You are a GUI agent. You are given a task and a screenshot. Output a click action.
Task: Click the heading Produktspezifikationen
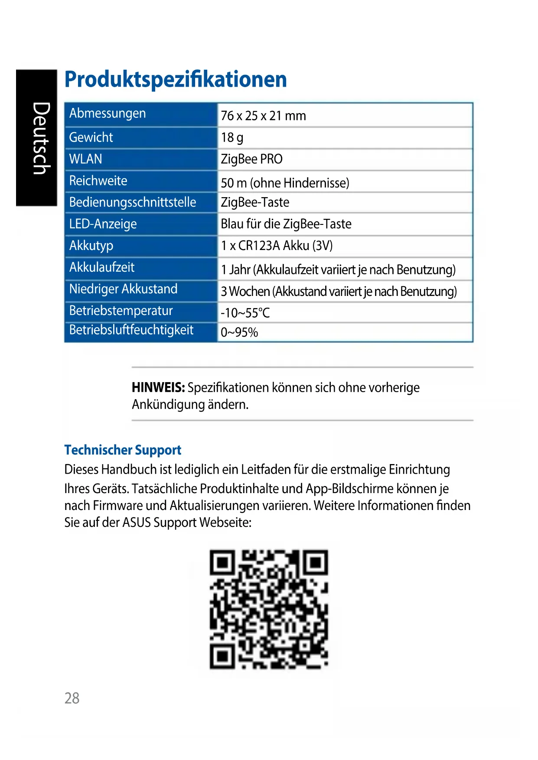(176, 79)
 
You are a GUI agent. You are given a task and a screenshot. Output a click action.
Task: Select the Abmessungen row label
(108, 114)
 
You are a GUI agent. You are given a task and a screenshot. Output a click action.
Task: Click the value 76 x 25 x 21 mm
(263, 116)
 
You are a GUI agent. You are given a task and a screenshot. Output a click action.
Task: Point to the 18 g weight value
(232, 138)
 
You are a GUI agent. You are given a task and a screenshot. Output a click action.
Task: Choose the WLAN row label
(86, 159)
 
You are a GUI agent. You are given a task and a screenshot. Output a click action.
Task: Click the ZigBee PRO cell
(251, 159)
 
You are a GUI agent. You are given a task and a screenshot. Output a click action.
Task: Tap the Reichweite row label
(98, 181)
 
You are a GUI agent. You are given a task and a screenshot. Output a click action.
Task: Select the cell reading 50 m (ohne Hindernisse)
(285, 183)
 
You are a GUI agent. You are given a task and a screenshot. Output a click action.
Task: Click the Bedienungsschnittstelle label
(133, 202)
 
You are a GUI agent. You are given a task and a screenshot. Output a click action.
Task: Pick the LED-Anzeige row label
(103, 224)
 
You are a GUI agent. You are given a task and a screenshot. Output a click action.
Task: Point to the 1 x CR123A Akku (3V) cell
(277, 246)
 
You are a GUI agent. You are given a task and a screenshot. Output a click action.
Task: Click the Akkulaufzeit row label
(102, 267)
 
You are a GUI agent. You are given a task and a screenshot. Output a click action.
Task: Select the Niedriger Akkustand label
(123, 289)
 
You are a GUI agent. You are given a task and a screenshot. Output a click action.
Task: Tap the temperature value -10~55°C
(245, 313)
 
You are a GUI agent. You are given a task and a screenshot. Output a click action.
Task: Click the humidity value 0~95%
(239, 332)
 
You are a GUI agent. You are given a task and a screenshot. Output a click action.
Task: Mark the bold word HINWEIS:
(158, 387)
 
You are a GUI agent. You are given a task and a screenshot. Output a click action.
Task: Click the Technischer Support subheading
(123, 450)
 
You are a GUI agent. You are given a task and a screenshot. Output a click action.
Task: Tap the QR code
(269, 609)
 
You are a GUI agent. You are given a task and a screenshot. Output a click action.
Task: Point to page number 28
(72, 698)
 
